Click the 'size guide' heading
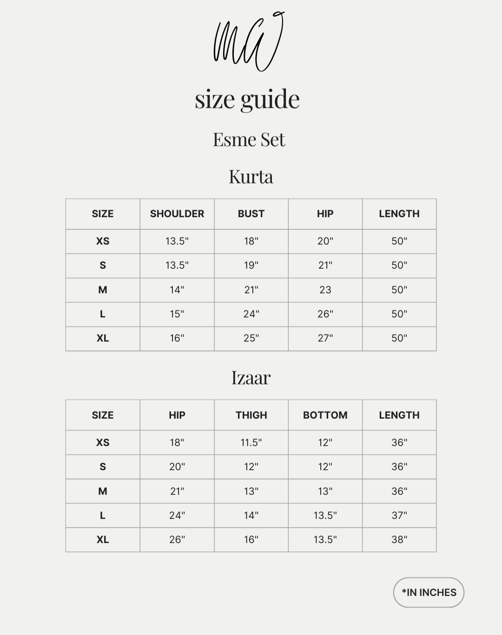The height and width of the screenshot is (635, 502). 247,99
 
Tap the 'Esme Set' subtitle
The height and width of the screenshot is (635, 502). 249,139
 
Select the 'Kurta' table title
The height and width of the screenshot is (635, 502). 251,176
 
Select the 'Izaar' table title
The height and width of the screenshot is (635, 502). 251,377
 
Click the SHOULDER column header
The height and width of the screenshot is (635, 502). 177,214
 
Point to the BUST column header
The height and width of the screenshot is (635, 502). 251,214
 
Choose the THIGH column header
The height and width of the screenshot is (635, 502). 251,415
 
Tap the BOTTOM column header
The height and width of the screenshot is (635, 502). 325,415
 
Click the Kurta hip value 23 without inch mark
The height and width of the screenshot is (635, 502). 325,290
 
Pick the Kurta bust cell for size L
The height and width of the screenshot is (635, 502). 251,314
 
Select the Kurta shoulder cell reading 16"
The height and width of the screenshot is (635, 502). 177,338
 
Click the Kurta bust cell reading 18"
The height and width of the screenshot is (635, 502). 251,241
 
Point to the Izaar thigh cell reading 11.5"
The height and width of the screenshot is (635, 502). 251,442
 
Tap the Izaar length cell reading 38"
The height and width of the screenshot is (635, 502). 399,539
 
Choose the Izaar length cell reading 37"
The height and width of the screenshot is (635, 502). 399,515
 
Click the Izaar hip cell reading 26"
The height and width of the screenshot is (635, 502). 177,539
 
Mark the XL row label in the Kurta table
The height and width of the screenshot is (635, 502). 103,338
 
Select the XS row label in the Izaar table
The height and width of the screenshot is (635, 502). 103,442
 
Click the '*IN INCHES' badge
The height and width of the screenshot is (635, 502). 429,592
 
